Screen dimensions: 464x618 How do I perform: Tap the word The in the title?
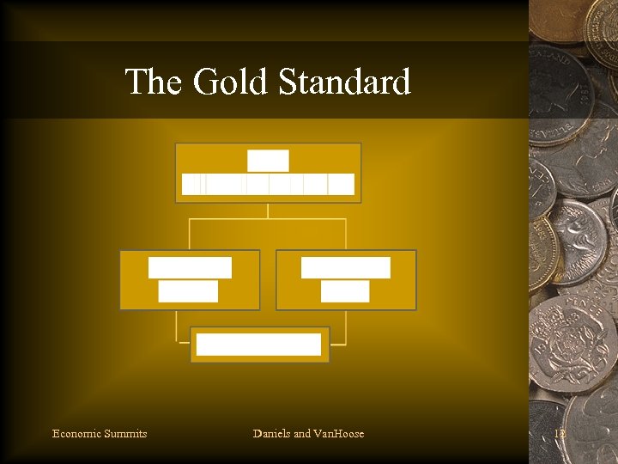click(154, 82)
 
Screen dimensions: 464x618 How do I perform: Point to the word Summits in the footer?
click(125, 434)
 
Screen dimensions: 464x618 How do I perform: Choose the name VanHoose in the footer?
click(339, 434)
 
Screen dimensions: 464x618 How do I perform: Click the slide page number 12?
click(560, 434)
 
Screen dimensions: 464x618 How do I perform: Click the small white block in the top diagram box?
click(268, 161)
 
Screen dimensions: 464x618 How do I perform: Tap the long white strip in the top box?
click(268, 184)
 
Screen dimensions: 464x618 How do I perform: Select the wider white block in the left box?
click(190, 267)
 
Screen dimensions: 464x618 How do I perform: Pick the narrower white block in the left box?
click(188, 291)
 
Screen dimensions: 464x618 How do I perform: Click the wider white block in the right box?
click(345, 267)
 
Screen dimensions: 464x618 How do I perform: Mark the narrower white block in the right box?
click(345, 291)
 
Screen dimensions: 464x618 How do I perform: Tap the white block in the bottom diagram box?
click(258, 345)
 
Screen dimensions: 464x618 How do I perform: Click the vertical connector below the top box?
click(268, 211)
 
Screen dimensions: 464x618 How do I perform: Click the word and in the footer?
click(302, 434)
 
